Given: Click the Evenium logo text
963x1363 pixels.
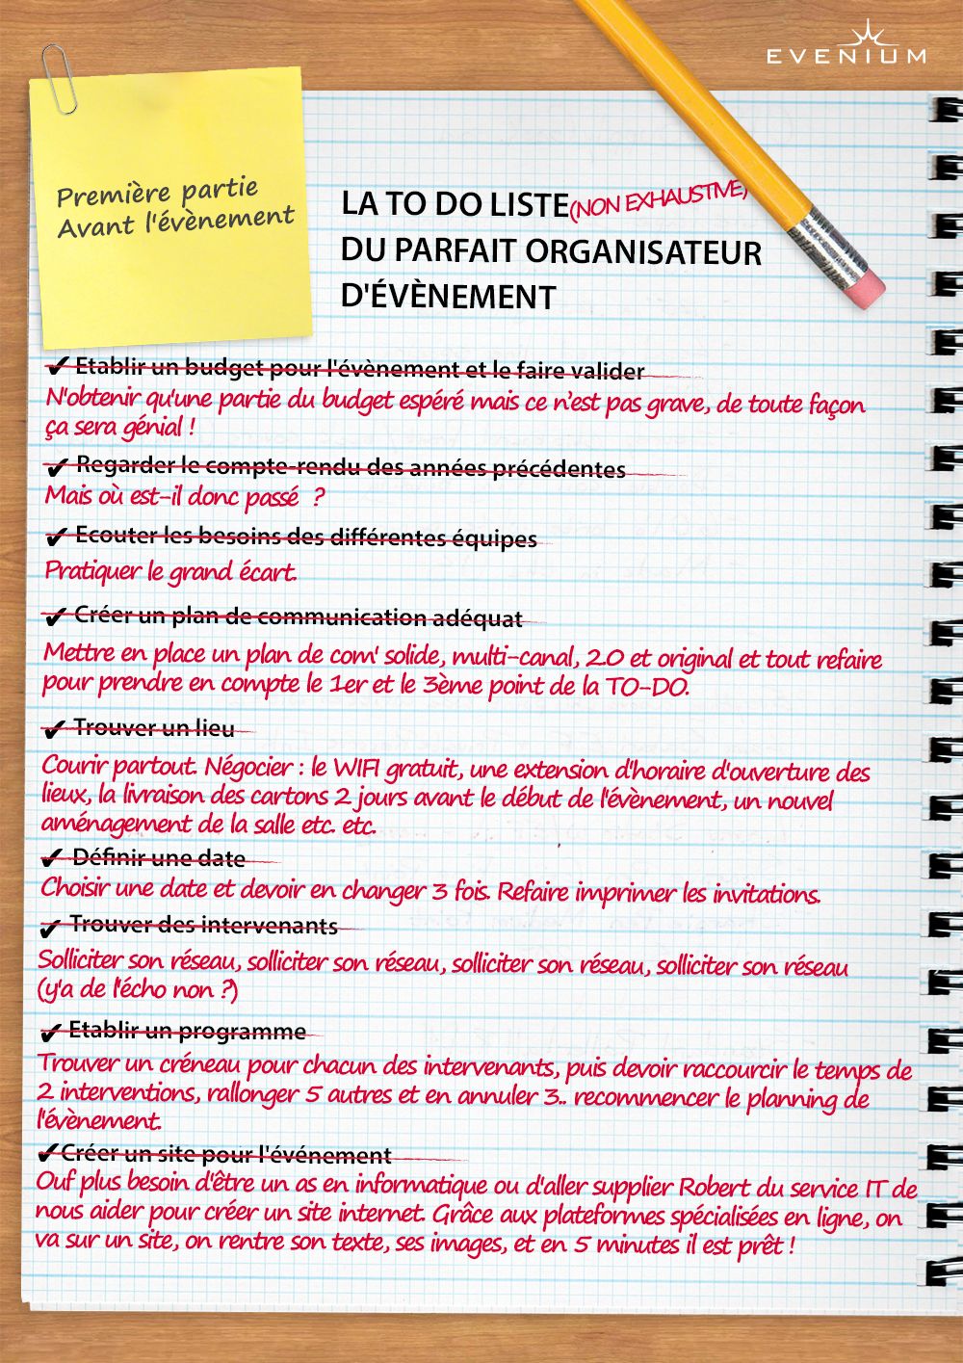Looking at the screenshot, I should [x=846, y=56].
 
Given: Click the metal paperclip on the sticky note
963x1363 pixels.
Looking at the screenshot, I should [x=60, y=77].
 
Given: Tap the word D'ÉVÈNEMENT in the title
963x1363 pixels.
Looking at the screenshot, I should [x=449, y=297].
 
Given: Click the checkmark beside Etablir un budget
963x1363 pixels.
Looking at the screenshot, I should [x=56, y=366].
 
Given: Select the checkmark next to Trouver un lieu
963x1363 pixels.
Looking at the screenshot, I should [x=55, y=729].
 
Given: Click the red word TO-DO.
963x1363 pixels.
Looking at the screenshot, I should [x=646, y=687].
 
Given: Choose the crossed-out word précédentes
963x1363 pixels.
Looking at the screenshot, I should [x=559, y=469].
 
